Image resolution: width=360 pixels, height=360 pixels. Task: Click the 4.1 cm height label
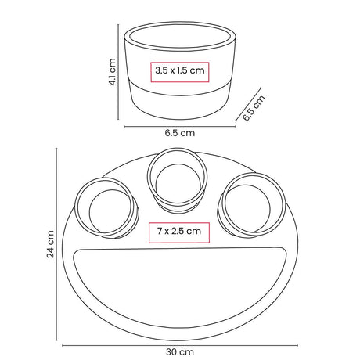point(113,72)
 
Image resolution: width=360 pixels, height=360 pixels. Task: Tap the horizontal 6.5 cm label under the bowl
point(180,133)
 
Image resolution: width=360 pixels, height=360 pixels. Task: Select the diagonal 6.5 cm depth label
point(254,108)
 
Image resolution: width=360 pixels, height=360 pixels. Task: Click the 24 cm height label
point(50,244)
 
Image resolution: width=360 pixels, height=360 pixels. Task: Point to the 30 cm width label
point(180,352)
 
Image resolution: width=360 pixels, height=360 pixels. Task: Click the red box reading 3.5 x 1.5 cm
point(180,72)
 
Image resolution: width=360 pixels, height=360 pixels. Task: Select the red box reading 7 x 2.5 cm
point(179,232)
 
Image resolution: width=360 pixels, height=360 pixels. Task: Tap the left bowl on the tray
point(106,207)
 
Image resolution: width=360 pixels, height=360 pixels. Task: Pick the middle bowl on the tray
point(178,180)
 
